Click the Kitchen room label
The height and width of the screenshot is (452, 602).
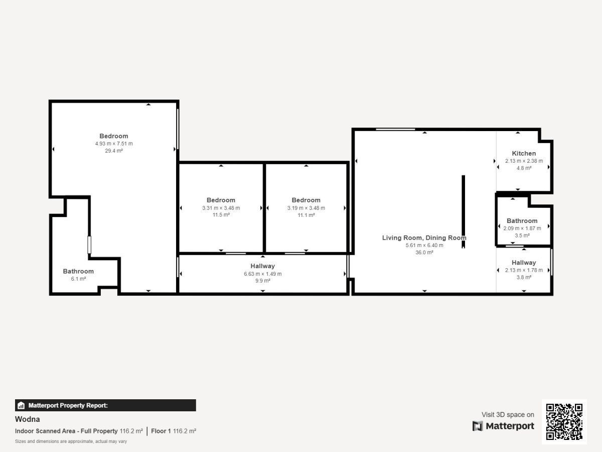[524, 153]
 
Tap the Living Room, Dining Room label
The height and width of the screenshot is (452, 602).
[424, 238]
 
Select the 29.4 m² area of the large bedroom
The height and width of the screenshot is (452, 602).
[114, 151]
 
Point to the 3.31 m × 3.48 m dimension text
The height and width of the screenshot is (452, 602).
[221, 208]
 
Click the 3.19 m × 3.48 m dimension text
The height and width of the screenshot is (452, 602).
[306, 208]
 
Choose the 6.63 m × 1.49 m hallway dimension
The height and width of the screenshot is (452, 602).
[263, 274]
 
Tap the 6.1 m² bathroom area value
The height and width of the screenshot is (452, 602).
[78, 279]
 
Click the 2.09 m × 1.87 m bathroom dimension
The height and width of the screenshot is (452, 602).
[522, 229]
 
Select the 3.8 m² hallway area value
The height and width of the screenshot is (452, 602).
[524, 277]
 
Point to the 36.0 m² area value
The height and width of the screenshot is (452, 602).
[424, 252]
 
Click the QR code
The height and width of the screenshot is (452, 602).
[564, 421]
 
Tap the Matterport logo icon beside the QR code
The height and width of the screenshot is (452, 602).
[478, 426]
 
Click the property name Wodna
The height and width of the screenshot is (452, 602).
[28, 419]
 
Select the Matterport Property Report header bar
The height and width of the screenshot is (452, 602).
[105, 405]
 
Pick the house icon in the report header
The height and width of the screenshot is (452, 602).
[21, 405]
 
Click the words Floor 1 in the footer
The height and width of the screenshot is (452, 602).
[161, 431]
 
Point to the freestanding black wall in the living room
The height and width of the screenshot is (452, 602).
[463, 211]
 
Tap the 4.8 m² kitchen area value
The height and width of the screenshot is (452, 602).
[524, 168]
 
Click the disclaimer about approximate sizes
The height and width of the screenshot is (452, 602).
[71, 441]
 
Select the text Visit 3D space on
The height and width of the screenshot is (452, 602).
[508, 414]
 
